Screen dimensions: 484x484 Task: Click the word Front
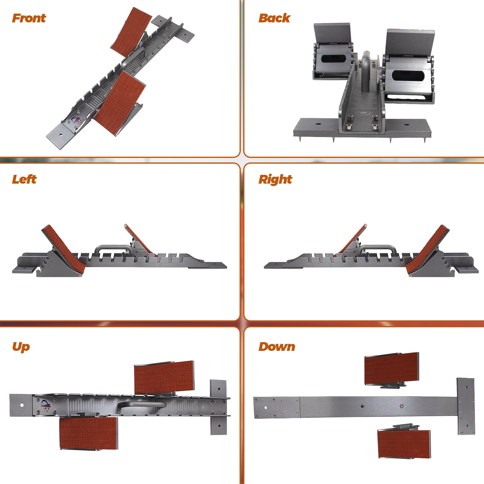click(29, 18)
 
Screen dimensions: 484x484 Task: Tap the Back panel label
click(274, 18)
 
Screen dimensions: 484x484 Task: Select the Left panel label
click(24, 179)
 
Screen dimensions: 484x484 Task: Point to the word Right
click(275, 179)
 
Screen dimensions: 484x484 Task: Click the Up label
click(21, 347)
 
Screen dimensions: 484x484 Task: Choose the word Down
click(277, 347)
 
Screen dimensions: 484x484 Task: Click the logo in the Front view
click(76, 121)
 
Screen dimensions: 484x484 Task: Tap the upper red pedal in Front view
click(131, 33)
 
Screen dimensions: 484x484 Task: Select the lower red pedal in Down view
click(404, 444)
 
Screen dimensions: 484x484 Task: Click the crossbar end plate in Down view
click(466, 406)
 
